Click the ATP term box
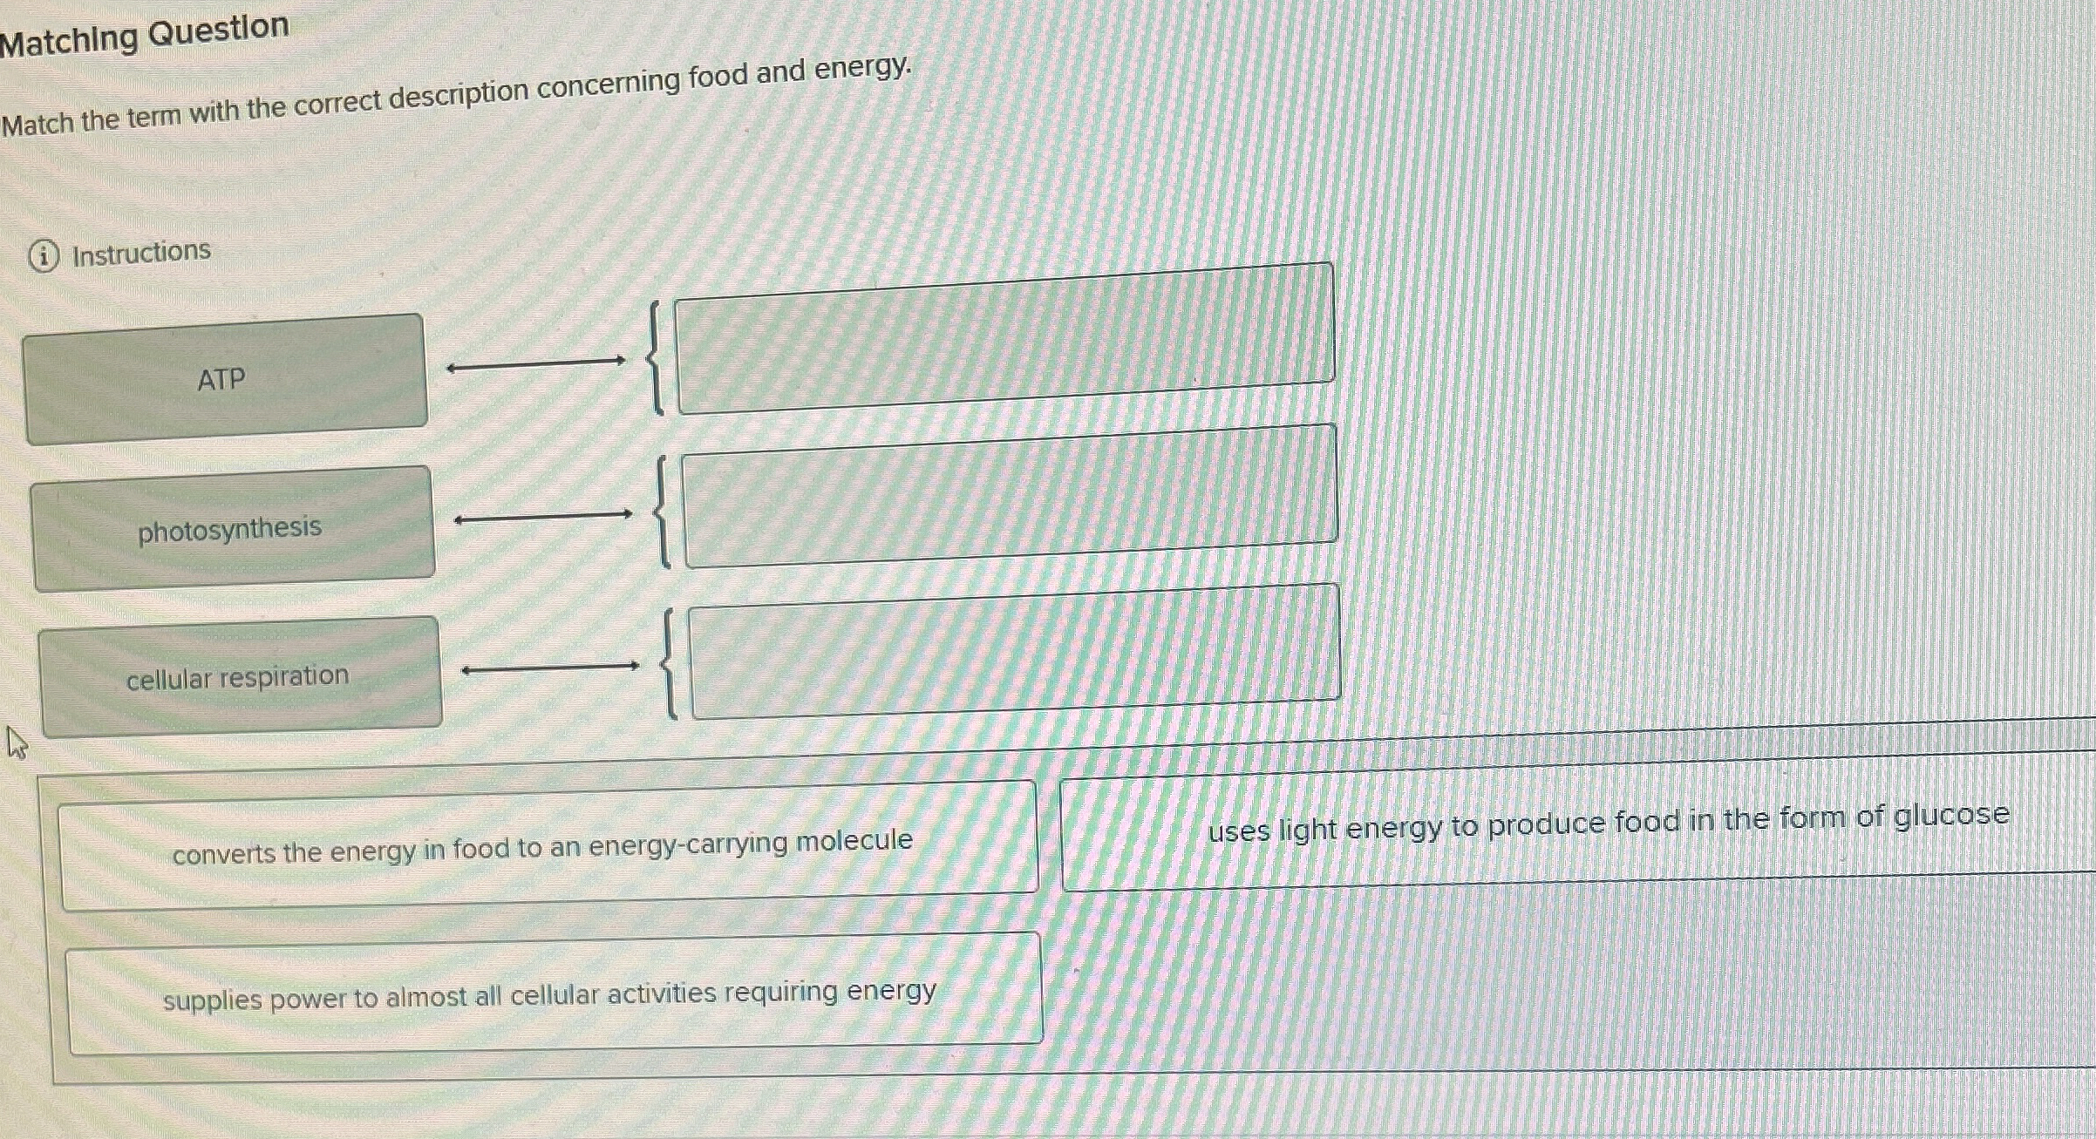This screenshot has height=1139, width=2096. pos(224,379)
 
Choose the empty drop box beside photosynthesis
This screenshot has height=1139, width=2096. pos(1010,496)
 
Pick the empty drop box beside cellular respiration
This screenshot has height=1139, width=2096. pos(1014,651)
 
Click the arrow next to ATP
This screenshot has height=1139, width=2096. pos(535,364)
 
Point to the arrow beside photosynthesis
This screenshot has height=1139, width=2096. pos(543,517)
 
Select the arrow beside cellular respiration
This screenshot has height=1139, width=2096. pos(550,668)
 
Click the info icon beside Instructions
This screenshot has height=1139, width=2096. pos(44,256)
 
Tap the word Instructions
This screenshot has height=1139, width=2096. pos(141,253)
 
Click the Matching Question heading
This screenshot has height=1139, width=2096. pos(145,35)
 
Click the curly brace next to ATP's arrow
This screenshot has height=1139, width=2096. pos(655,358)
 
